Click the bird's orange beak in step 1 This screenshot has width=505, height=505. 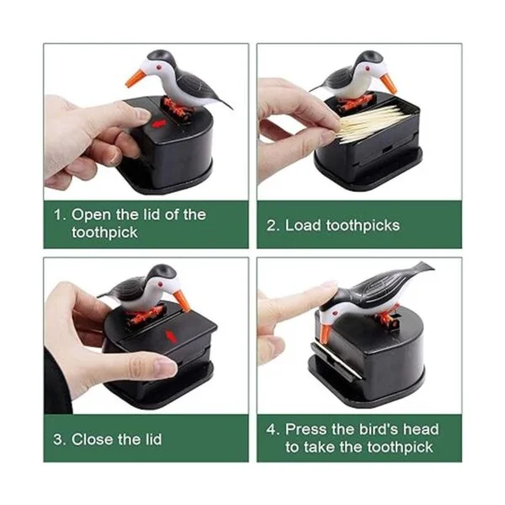tap(136, 78)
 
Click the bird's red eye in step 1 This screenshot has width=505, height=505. tap(159, 66)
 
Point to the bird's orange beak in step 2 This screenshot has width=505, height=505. tap(388, 83)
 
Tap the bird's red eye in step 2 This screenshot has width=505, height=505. tap(368, 68)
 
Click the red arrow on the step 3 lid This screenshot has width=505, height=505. tap(171, 336)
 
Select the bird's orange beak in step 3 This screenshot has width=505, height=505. tap(183, 301)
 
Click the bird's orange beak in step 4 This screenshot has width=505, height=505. tap(325, 333)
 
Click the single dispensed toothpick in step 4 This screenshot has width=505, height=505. tap(337, 359)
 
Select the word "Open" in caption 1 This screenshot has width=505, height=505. tap(91, 215)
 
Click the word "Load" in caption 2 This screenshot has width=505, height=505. tap(303, 225)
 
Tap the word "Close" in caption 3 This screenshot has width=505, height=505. tap(92, 439)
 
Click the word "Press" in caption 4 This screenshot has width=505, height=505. tap(306, 429)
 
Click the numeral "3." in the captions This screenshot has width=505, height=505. tap(60, 439)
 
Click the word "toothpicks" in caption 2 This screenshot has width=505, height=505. tap(363, 226)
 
